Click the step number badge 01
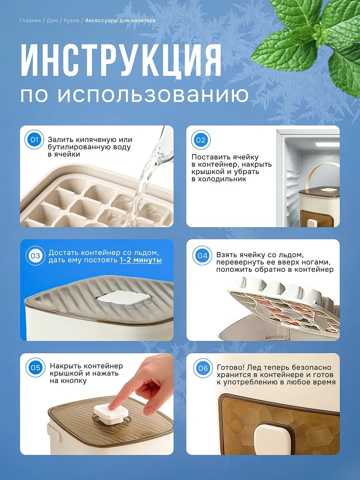coord(34,140)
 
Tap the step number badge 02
coord(201,140)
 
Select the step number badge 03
coord(36,256)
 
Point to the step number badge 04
coord(202,256)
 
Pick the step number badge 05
coord(36,368)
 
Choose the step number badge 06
coord(203,368)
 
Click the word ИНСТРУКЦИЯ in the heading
coord(121,60)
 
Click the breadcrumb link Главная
coord(30,20)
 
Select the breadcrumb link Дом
coord(52,20)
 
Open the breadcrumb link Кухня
coord(72,20)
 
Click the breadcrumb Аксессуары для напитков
coord(120,20)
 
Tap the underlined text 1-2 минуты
coord(141,260)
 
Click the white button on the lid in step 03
coord(124,298)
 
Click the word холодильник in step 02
coord(218,179)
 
